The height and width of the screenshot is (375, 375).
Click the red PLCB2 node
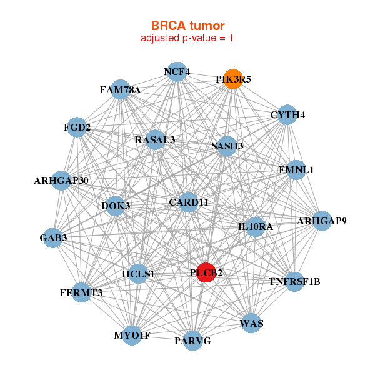click(206, 272)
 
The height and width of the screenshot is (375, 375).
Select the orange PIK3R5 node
click(233, 79)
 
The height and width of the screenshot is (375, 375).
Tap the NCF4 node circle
click(177, 72)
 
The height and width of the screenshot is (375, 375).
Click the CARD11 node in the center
click(189, 202)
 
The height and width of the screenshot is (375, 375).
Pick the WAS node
click(251, 323)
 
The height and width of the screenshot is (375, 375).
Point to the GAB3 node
click(53, 238)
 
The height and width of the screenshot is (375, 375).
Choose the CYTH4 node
click(287, 114)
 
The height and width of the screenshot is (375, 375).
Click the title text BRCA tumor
click(187, 26)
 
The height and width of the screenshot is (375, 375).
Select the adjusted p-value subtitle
click(187, 38)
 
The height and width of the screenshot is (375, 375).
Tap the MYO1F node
click(132, 335)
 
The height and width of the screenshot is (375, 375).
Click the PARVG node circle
click(192, 341)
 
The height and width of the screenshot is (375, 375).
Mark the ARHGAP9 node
click(322, 221)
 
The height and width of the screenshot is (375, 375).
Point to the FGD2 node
click(77, 127)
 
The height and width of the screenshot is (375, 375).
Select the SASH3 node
click(227, 146)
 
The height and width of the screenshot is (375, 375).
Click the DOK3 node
click(116, 206)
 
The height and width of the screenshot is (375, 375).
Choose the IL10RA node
click(256, 227)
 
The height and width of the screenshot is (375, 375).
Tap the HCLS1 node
click(138, 274)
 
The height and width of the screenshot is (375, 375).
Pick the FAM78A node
click(120, 89)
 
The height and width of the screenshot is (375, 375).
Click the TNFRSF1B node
click(294, 282)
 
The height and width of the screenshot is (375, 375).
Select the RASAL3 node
click(155, 139)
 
